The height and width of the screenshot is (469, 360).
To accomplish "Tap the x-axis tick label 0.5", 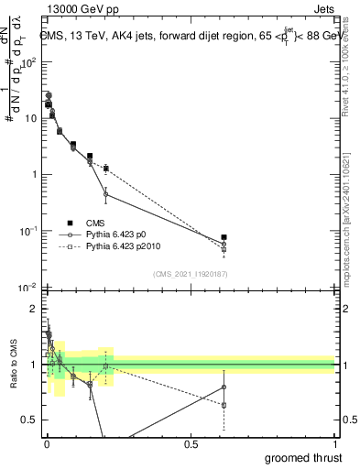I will pos(191,444).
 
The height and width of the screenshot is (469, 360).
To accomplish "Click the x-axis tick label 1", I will pos(334,444).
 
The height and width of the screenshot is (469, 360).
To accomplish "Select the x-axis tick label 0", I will pos(47,444).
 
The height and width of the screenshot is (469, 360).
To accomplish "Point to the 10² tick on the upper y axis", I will pos(30,62).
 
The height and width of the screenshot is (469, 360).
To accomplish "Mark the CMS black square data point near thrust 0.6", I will pos(224,237).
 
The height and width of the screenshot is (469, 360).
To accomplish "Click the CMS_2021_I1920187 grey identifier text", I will pos(189,273).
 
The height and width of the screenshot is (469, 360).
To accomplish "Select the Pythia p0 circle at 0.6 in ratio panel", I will pos(224,387).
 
